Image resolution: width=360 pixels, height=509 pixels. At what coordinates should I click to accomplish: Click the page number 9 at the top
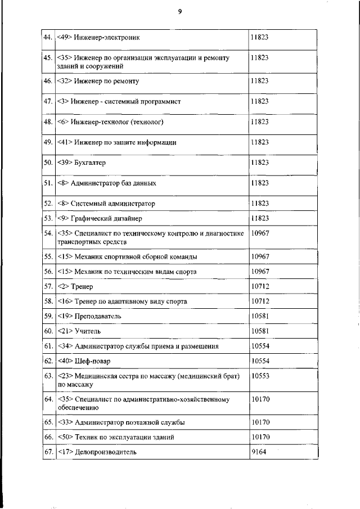point(179,11)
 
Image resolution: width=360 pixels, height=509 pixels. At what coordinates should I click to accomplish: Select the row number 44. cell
point(48,38)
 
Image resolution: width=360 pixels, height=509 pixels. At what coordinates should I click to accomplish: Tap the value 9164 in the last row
point(258,451)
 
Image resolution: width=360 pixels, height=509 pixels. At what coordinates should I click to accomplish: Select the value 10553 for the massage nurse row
point(260,375)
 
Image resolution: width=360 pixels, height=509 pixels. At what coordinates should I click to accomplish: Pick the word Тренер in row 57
point(82,287)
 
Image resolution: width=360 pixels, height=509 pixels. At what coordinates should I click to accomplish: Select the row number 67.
point(48,451)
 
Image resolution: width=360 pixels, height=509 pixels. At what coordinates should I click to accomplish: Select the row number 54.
point(48,232)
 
